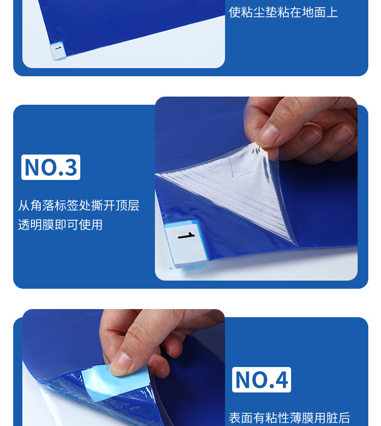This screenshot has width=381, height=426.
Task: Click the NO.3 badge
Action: [51, 167]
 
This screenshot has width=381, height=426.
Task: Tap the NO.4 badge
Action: [262, 380]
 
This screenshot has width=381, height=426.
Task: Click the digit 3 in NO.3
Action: [70, 167]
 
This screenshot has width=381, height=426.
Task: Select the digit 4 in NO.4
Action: [281, 380]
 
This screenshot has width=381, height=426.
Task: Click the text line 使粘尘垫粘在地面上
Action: [283, 12]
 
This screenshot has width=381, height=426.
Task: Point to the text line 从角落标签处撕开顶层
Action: [79, 205]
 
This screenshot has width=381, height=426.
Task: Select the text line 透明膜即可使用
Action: [60, 224]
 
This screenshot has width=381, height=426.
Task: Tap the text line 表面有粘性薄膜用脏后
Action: [290, 418]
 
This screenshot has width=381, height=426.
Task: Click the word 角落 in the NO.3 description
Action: [43, 205]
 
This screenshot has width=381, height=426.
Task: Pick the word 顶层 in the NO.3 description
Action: [128, 205]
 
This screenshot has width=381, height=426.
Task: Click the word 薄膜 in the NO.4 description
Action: [302, 418]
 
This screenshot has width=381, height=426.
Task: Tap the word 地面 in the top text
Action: [313, 12]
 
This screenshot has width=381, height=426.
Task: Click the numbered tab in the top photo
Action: [57, 49]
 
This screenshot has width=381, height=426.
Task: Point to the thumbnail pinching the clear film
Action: [269, 134]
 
